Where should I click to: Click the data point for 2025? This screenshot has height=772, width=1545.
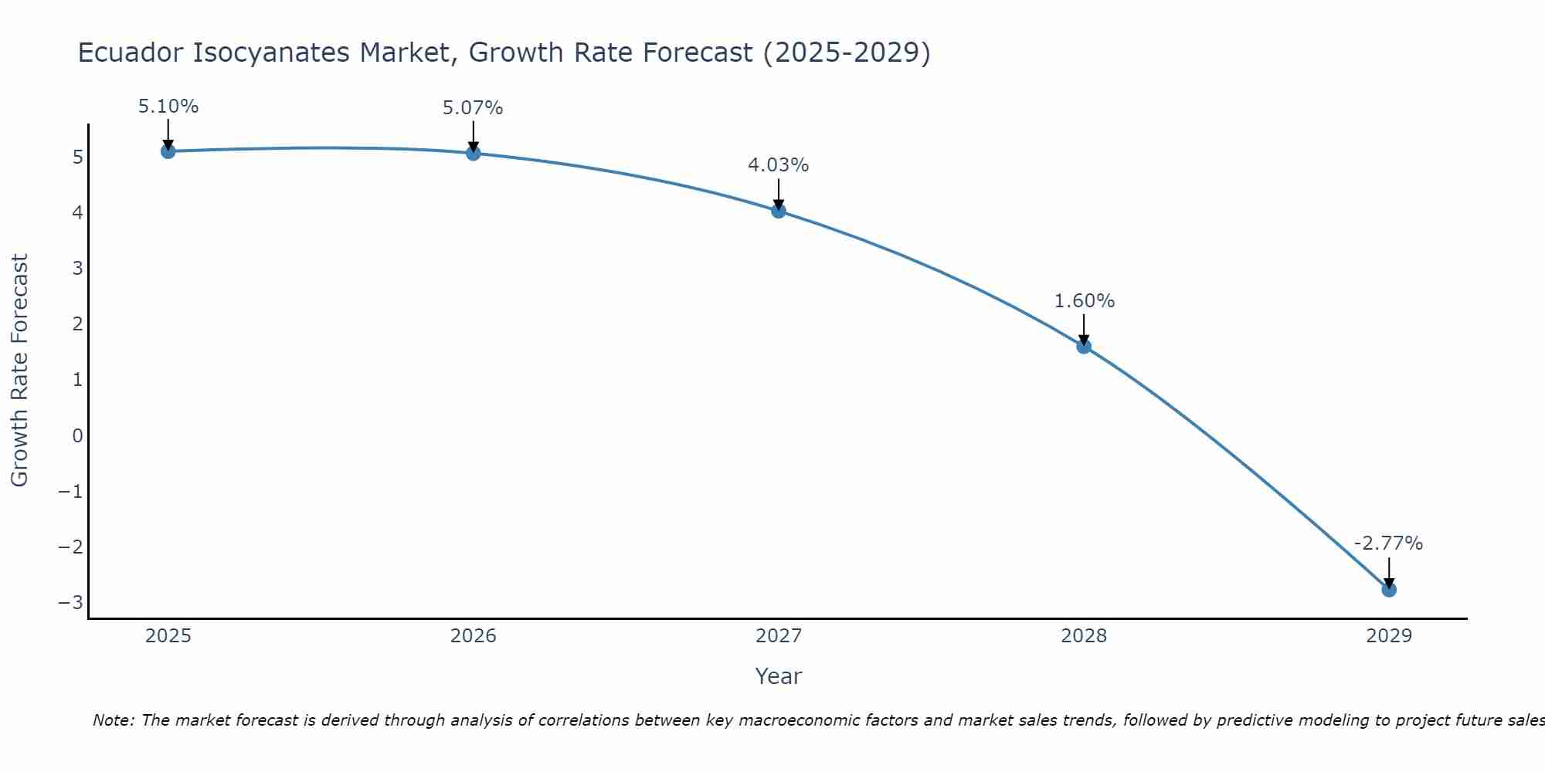tap(168, 151)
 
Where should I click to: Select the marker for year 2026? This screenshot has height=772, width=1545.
tap(474, 153)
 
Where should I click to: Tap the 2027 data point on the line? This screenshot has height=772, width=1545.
tap(779, 211)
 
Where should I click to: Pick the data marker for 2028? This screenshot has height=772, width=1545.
tap(1084, 347)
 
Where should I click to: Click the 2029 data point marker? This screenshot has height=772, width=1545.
tap(1389, 590)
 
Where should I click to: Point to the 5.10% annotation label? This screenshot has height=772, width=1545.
tap(168, 107)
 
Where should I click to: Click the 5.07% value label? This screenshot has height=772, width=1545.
tap(473, 108)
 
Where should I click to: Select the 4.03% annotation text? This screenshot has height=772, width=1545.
tap(778, 165)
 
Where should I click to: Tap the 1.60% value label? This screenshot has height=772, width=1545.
tap(1085, 301)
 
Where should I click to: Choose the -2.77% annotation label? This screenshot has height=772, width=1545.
tap(1388, 543)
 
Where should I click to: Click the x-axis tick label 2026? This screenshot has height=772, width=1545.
tap(474, 636)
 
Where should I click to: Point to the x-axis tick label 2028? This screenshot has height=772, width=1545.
tap(1084, 636)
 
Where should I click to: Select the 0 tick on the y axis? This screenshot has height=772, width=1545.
tap(77, 435)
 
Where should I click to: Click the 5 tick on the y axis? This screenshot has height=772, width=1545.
tap(77, 157)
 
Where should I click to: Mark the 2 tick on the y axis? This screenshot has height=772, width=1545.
tap(77, 324)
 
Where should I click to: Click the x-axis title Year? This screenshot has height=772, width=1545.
tap(778, 676)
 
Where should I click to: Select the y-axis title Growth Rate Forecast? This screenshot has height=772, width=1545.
tap(20, 371)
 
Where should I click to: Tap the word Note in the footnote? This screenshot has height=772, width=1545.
tap(113, 720)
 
